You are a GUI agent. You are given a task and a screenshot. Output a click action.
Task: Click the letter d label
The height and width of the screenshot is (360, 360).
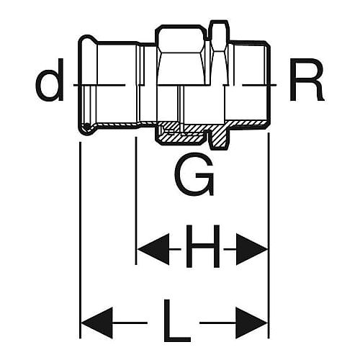(50, 79)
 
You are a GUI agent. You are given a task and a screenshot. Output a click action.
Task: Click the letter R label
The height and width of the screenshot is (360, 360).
(306, 79)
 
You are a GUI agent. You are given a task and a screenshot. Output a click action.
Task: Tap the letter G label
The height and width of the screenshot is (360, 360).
(194, 174)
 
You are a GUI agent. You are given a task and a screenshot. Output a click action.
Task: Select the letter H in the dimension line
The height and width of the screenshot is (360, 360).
(203, 246)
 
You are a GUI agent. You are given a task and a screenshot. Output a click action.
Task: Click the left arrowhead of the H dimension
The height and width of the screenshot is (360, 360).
(153, 249)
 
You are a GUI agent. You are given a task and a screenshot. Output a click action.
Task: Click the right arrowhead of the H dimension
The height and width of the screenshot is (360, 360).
(252, 249)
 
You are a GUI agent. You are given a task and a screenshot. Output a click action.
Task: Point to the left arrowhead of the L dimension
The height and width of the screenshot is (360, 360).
(97, 323)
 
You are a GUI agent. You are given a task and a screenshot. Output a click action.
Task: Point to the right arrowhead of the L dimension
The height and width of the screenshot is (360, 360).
(252, 323)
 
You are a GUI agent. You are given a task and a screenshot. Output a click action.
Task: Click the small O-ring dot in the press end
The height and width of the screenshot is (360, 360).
(86, 125)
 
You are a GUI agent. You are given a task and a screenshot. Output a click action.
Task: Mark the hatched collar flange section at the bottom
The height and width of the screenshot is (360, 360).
(219, 138)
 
